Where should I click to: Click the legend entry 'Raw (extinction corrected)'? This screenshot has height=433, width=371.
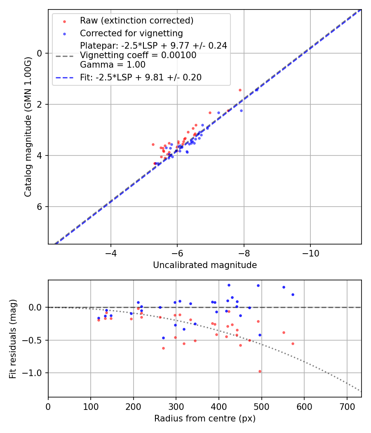pos(136,21)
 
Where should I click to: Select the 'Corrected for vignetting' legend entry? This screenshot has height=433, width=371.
pos(131,33)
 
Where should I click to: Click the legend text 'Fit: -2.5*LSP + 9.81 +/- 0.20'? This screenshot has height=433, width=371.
pos(141,78)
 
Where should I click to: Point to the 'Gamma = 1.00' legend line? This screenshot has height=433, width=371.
pos(113,64)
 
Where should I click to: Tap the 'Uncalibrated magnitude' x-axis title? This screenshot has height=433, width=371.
pos(205,265)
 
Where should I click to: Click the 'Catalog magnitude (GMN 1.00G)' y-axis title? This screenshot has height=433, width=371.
pos(28,127)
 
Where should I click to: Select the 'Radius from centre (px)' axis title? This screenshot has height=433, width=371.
pos(205,419)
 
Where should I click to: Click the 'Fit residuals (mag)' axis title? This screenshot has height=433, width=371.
pos(13,339)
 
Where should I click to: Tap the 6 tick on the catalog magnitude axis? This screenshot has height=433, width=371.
pos(40,207)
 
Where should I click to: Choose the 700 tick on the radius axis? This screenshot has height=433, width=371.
pos(347,407)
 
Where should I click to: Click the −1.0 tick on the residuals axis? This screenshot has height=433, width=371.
pos(34,373)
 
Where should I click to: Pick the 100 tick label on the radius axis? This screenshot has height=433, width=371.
pos(91,407)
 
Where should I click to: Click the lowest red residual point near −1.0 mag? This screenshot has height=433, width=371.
pos(260,371)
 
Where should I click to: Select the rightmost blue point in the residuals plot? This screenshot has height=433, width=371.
pos(293,294)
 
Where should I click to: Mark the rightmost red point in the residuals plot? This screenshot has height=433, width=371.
pos(293,344)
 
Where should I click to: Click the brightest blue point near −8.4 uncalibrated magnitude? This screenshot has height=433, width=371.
pos(256,89)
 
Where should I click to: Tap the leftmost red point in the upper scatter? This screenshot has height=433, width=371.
pos(153,144)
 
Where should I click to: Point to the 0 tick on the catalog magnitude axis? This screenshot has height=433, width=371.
pos(40,53)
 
